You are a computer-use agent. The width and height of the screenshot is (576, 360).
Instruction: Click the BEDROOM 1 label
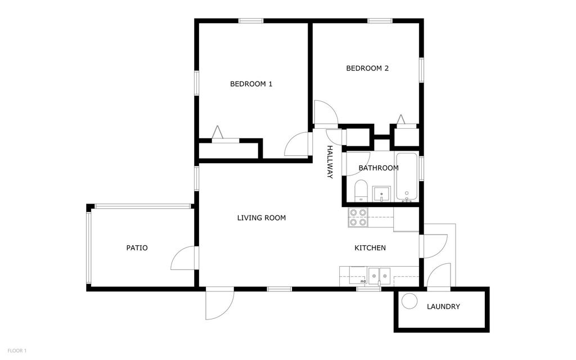251,84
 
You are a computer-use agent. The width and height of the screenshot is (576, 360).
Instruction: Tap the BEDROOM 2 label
367,69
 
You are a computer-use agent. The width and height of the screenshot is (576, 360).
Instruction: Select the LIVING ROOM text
261,218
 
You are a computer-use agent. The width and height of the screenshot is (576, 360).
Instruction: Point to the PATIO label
137,247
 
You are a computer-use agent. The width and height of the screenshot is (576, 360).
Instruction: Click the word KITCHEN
370,248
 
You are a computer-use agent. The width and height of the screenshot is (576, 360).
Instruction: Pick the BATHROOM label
379,168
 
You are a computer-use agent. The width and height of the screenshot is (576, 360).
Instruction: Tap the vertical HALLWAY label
330,162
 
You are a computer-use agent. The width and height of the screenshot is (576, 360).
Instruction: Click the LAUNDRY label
443,307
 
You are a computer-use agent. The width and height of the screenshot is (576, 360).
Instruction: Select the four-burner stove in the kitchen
358,217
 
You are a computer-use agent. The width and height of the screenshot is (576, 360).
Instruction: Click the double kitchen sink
380,276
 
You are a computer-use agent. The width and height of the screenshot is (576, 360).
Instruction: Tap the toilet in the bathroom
361,190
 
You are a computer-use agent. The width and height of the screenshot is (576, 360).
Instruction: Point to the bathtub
406,176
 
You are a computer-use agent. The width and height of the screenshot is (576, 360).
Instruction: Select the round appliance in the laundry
409,301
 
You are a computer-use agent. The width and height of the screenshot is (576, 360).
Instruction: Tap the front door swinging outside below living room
219,304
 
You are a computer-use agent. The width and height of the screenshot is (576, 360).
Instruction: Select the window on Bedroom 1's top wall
251,21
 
